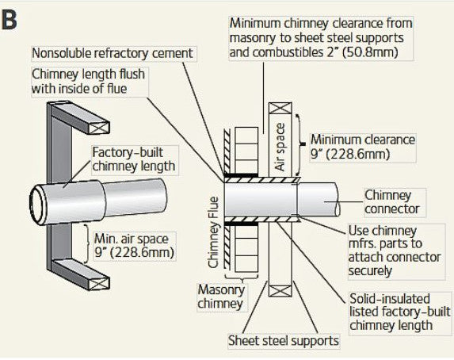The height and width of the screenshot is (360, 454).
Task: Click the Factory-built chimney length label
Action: tap(133, 159)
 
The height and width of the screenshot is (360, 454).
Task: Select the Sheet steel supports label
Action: tap(283, 341)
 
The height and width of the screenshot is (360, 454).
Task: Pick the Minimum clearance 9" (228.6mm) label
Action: tap(362, 146)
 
